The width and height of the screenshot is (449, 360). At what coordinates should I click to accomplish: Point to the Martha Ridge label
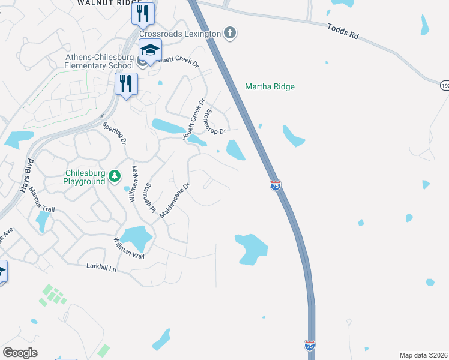coord(270,87)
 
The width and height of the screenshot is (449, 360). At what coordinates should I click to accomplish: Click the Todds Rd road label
coord(343,32)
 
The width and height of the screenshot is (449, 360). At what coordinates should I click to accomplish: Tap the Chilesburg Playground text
coord(85,177)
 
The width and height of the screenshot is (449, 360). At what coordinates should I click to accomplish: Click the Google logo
coord(20,353)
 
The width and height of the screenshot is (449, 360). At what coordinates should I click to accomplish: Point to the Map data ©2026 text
coord(424,355)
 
